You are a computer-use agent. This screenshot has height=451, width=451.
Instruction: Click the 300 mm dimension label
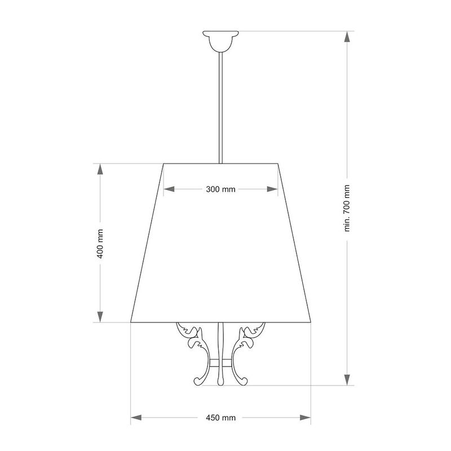[x=220, y=189]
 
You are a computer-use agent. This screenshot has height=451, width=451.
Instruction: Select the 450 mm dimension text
[x=220, y=418]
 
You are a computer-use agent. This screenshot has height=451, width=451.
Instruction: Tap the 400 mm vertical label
[x=100, y=244]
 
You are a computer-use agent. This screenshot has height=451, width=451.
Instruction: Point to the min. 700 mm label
[x=347, y=208]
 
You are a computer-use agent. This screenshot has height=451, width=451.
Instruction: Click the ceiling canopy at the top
[x=220, y=41]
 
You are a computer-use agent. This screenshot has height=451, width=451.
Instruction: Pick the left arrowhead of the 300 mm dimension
[x=169, y=189]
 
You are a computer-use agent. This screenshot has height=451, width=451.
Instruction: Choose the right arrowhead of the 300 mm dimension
[x=272, y=189]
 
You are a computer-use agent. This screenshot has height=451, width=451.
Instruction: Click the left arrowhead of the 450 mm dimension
[x=136, y=418]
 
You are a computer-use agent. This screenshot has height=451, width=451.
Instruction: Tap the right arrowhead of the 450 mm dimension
[x=306, y=418]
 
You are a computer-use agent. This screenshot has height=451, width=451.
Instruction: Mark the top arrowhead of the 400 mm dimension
[x=100, y=169]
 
